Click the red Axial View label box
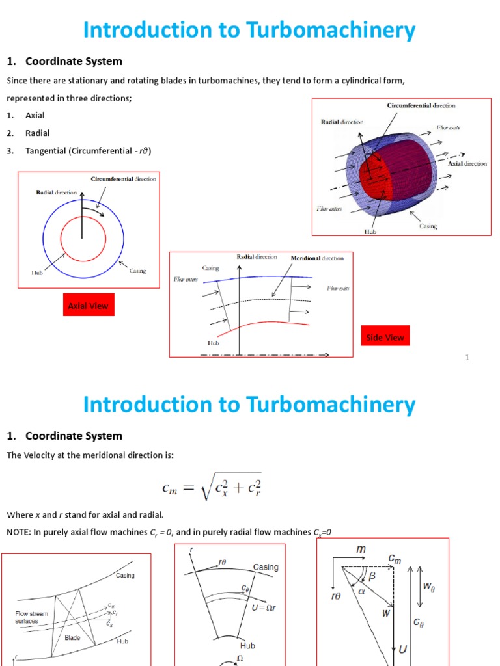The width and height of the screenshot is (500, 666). [x=89, y=305]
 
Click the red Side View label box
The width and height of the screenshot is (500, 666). [x=385, y=337]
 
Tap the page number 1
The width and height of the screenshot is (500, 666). [x=467, y=357]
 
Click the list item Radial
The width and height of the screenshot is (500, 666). [x=37, y=133]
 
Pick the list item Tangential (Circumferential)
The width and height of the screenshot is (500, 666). [x=88, y=151]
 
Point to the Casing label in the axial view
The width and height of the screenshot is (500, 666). [x=137, y=271]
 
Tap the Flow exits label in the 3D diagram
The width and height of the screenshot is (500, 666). [x=448, y=128]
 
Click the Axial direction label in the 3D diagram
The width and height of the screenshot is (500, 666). [x=467, y=163]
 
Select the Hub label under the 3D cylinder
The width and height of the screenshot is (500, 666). [x=370, y=230]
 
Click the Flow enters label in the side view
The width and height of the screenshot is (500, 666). [x=186, y=280]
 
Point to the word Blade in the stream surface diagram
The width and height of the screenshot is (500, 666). [x=72, y=638]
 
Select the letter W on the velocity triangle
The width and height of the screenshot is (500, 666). [x=385, y=612]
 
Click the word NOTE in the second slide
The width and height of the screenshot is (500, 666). [x=18, y=532]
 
